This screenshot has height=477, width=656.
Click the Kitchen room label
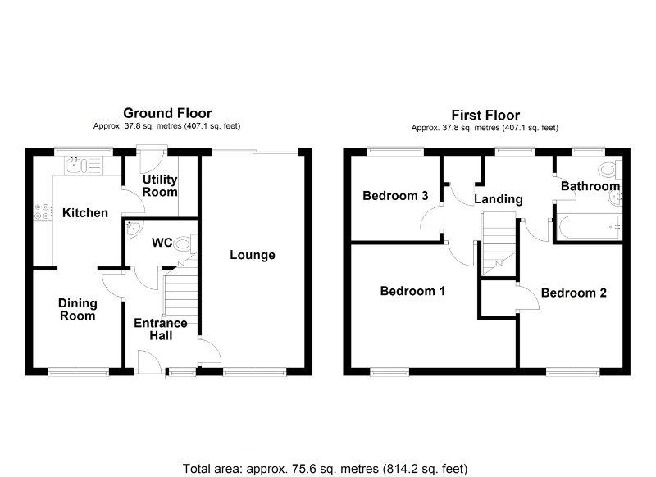click(85, 213)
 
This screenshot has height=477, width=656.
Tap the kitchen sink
click(84, 165)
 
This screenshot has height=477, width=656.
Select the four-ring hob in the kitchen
click(43, 211)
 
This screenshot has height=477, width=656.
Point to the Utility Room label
click(160, 185)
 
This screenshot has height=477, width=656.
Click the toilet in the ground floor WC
click(185, 243)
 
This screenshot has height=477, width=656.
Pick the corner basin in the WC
click(134, 229)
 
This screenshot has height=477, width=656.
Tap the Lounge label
click(253, 255)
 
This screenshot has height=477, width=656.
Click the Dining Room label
click(77, 309)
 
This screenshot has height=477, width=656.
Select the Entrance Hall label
click(161, 329)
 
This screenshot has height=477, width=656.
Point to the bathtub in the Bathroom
click(589, 227)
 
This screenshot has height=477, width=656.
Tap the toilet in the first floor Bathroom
click(610, 170)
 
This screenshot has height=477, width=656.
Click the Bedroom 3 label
click(395, 195)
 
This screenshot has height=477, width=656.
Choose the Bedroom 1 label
click(412, 291)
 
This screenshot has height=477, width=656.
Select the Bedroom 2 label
click(573, 293)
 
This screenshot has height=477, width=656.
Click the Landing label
click(499, 199)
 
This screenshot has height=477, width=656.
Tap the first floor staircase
click(499, 243)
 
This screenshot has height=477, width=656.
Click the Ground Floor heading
click(167, 113)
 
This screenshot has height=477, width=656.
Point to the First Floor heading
click(485, 115)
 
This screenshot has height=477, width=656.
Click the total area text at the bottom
click(325, 469)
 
